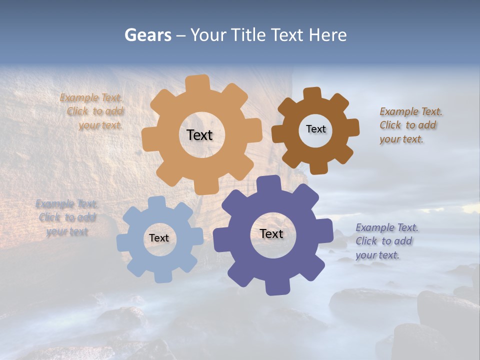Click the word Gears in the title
147,35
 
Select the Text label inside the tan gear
199,135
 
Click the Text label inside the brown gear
315,129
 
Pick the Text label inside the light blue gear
159,238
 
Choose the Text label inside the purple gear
271,233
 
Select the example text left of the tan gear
92,111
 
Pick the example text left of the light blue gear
67,217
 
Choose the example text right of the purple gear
387,241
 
